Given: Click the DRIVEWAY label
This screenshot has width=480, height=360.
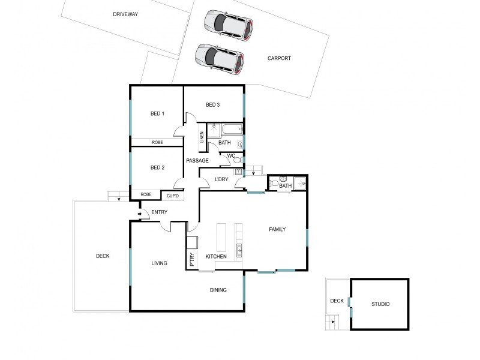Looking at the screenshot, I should pos(125,14).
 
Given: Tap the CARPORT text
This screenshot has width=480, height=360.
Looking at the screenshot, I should pos(279,58).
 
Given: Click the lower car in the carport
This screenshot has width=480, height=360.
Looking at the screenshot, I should pos(220,59).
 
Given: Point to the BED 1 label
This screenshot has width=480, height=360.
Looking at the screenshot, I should pos(157,113).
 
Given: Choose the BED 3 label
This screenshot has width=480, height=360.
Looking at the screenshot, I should pos(213,105).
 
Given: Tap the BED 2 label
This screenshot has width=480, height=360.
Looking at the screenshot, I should pos(157,167).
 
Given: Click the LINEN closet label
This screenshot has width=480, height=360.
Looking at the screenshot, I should pos(202,137).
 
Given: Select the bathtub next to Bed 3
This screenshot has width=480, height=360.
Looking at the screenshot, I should pos(230,128).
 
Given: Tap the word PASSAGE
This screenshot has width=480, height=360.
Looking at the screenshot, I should pos(197,160).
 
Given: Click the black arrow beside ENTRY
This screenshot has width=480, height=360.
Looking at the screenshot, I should pos(140,213).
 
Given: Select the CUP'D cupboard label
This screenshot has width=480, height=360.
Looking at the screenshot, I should pos(172,196).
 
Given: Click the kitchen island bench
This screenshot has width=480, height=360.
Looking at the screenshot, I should pos(221,238).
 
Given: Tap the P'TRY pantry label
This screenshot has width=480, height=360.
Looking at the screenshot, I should pos(192,259).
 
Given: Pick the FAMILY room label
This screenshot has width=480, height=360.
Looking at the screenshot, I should pos(277,229).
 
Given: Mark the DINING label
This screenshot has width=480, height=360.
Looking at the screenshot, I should pos(218,290).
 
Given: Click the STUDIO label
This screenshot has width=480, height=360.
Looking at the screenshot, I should pos(380,304).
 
